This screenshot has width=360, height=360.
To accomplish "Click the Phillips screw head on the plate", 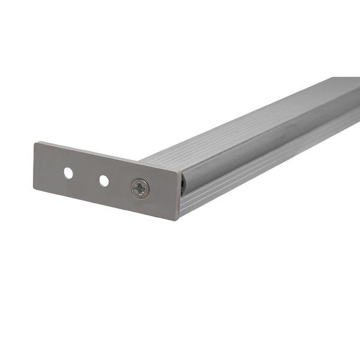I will point(140,189).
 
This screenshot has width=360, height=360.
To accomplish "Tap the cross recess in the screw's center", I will point(140,189).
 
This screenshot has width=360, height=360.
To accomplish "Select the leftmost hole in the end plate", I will point(68,173).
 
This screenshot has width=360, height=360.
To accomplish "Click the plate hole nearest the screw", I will point(104,180).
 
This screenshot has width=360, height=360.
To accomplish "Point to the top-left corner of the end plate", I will point(35,143).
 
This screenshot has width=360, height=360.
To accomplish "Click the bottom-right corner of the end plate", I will point(178,220).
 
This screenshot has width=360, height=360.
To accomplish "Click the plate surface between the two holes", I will point(86,177).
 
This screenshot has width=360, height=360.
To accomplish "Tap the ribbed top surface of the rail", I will point(240,129).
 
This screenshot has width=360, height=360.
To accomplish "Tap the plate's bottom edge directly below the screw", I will point(139,212).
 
